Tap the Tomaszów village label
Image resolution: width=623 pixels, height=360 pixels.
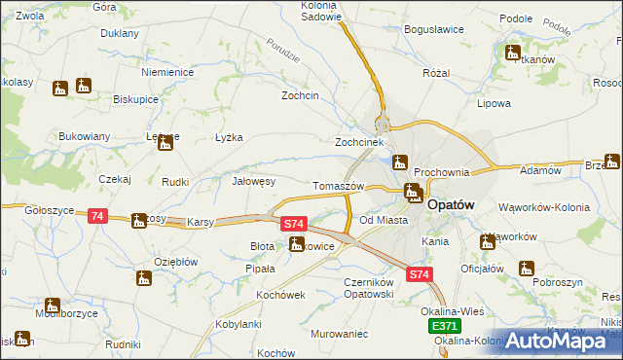338,186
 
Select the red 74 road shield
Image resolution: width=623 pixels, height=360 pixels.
97,216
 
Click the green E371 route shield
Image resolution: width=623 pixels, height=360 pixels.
444,326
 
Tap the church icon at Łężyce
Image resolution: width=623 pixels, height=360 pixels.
165,145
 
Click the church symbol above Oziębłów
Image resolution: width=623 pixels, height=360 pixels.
144,279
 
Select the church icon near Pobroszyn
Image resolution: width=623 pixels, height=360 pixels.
527,269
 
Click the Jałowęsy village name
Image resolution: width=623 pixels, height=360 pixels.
254,181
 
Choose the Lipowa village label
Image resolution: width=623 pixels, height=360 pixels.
494,102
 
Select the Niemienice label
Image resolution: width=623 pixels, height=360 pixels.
168,73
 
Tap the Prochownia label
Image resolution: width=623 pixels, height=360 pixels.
442,172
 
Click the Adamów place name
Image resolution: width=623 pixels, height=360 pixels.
542,170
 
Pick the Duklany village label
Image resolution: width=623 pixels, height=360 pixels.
120,33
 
